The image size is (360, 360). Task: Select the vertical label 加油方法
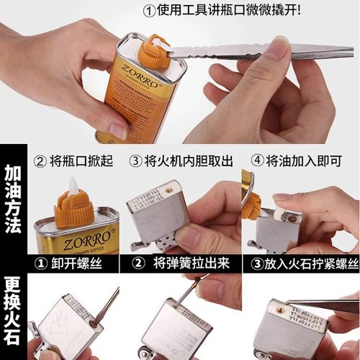click(12, 197)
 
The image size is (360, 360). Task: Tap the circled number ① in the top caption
click(150, 11)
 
